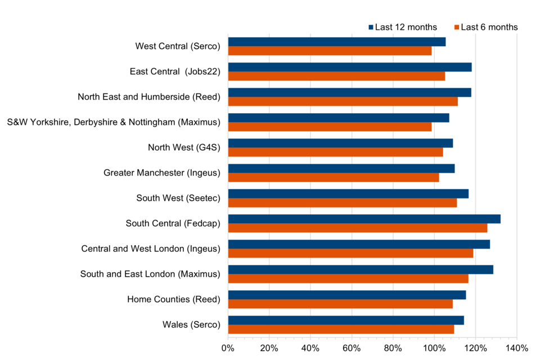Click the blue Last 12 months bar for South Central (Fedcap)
pos(364,219)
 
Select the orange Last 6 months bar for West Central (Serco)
pos(330,51)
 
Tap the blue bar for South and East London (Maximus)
pos(361,269)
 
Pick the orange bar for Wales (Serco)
pos(341,329)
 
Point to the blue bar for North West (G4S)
pos(340,143)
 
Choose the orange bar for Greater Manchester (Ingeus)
pos(334,178)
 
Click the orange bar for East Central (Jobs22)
pos(336,76)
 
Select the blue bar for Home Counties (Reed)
pos(347,295)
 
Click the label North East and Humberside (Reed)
pos(149,97)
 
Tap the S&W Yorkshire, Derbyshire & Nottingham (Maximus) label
pos(114,122)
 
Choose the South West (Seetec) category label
pos(178,198)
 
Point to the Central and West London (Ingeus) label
pos(151,249)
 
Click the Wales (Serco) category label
pos(191,325)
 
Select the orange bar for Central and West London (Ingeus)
pos(350,253)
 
